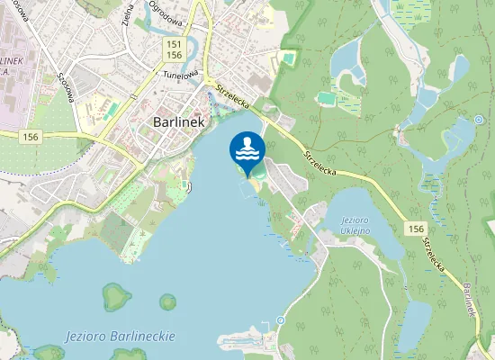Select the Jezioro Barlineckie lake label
pos(120,336)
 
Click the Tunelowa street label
pos(180,76)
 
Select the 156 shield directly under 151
pos(175,55)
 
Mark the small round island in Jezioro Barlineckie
pos(167,302)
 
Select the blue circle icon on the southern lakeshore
pos(281,320)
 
